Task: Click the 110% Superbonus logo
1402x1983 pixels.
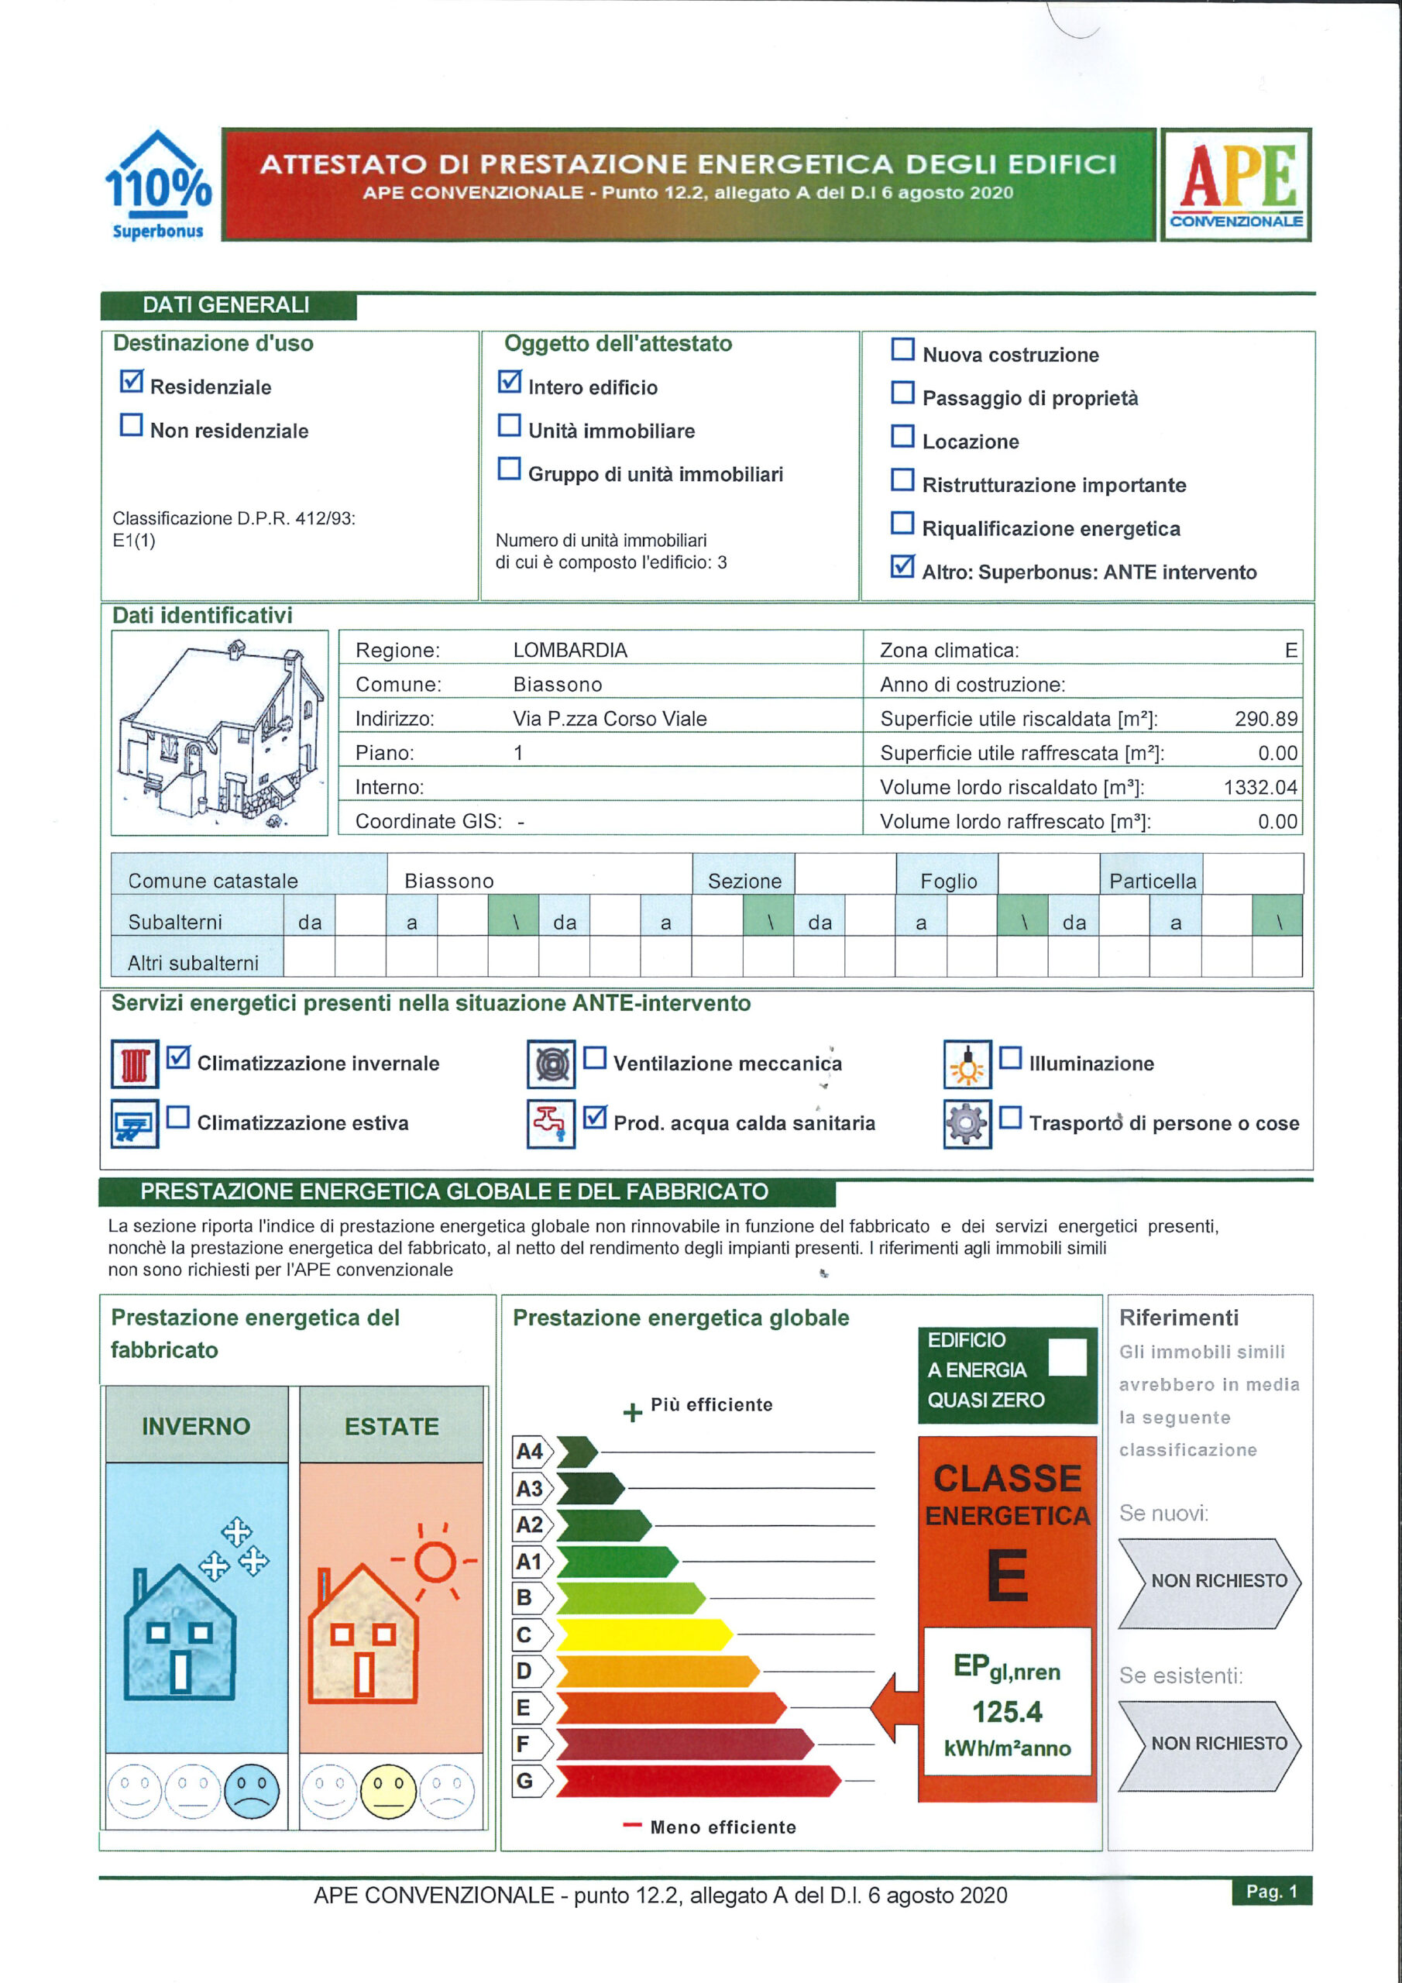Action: [157, 185]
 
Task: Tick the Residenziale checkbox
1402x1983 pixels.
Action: [132, 381]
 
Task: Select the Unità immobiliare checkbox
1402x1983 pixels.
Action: [510, 425]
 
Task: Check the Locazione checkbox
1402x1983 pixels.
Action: [902, 436]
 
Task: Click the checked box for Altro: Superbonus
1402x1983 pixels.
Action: [902, 566]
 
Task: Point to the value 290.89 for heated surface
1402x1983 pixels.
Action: [1266, 719]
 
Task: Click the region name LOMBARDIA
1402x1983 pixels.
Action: [570, 651]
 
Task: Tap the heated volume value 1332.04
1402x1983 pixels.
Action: [1259, 787]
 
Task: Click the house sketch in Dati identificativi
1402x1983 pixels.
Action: [219, 733]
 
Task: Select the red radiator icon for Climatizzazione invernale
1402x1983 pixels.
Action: [135, 1064]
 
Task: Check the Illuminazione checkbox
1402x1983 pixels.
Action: [1010, 1058]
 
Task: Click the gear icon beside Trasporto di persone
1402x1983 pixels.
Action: [967, 1124]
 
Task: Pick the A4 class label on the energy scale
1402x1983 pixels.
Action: [529, 1452]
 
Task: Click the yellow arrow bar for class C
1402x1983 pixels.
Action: [644, 1634]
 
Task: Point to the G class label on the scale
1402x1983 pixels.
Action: [525, 1781]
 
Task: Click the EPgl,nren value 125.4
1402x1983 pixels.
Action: [1006, 1712]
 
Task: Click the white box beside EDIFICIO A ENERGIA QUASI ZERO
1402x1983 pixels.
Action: [1067, 1358]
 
